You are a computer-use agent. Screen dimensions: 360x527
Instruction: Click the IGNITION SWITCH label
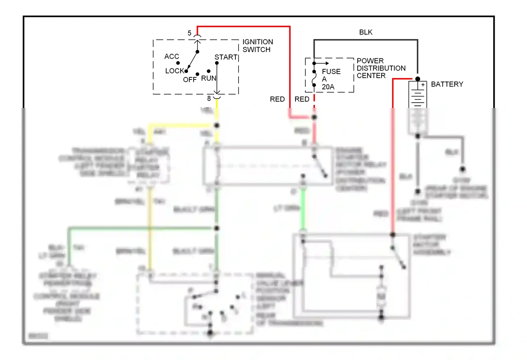(x=258, y=46)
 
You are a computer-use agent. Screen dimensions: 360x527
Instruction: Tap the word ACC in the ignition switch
(x=171, y=56)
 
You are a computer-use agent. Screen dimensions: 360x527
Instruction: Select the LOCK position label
(x=175, y=71)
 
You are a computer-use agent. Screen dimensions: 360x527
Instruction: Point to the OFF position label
(x=190, y=80)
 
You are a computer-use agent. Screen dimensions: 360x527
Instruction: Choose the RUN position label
(x=209, y=78)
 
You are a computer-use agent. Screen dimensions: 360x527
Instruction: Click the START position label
(x=226, y=57)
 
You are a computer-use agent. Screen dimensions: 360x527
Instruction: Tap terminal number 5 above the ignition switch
(x=189, y=33)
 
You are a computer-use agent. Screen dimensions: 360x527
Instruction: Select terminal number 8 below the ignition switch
(x=209, y=98)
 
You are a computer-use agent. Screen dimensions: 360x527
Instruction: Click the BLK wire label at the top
(x=366, y=32)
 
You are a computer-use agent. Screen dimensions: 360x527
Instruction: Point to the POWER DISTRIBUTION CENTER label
(x=381, y=68)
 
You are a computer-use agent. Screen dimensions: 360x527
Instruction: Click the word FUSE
(x=331, y=71)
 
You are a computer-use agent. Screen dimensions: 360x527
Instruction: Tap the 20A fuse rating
(x=328, y=87)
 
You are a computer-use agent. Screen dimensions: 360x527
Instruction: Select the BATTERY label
(x=447, y=84)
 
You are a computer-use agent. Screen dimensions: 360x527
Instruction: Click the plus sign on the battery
(x=423, y=85)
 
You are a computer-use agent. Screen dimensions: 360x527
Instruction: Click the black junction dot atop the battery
(x=417, y=79)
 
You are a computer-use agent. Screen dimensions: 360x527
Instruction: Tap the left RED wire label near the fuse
(x=277, y=99)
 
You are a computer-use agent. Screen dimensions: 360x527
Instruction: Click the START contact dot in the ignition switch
(x=217, y=63)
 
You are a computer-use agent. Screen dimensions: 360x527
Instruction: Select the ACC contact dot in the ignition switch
(x=178, y=63)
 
